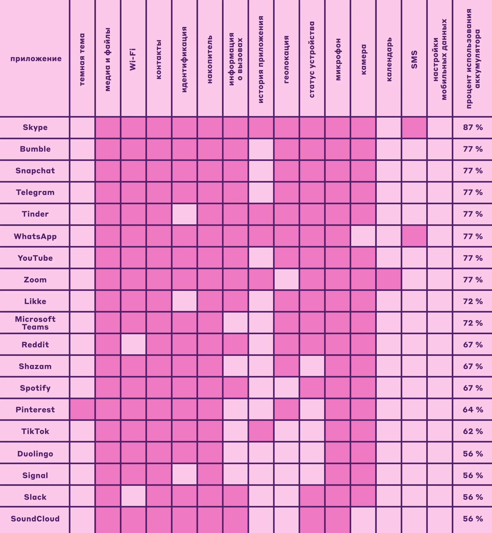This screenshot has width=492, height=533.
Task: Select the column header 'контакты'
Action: [x=159, y=59]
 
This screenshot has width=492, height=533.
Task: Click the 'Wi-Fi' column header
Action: [x=133, y=59]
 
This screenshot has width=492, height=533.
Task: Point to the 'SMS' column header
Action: [x=414, y=59]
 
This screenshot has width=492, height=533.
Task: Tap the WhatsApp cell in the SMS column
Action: [x=414, y=236]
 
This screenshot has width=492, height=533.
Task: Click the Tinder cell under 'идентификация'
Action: [x=184, y=214]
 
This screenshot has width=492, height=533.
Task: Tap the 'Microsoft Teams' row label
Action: [x=35, y=323]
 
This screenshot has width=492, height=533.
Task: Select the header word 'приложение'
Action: [x=36, y=59]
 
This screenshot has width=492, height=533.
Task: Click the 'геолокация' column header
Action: [x=286, y=59]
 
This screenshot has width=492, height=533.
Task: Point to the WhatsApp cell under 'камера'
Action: [x=363, y=236]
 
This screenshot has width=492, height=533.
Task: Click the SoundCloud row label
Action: [x=35, y=519]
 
